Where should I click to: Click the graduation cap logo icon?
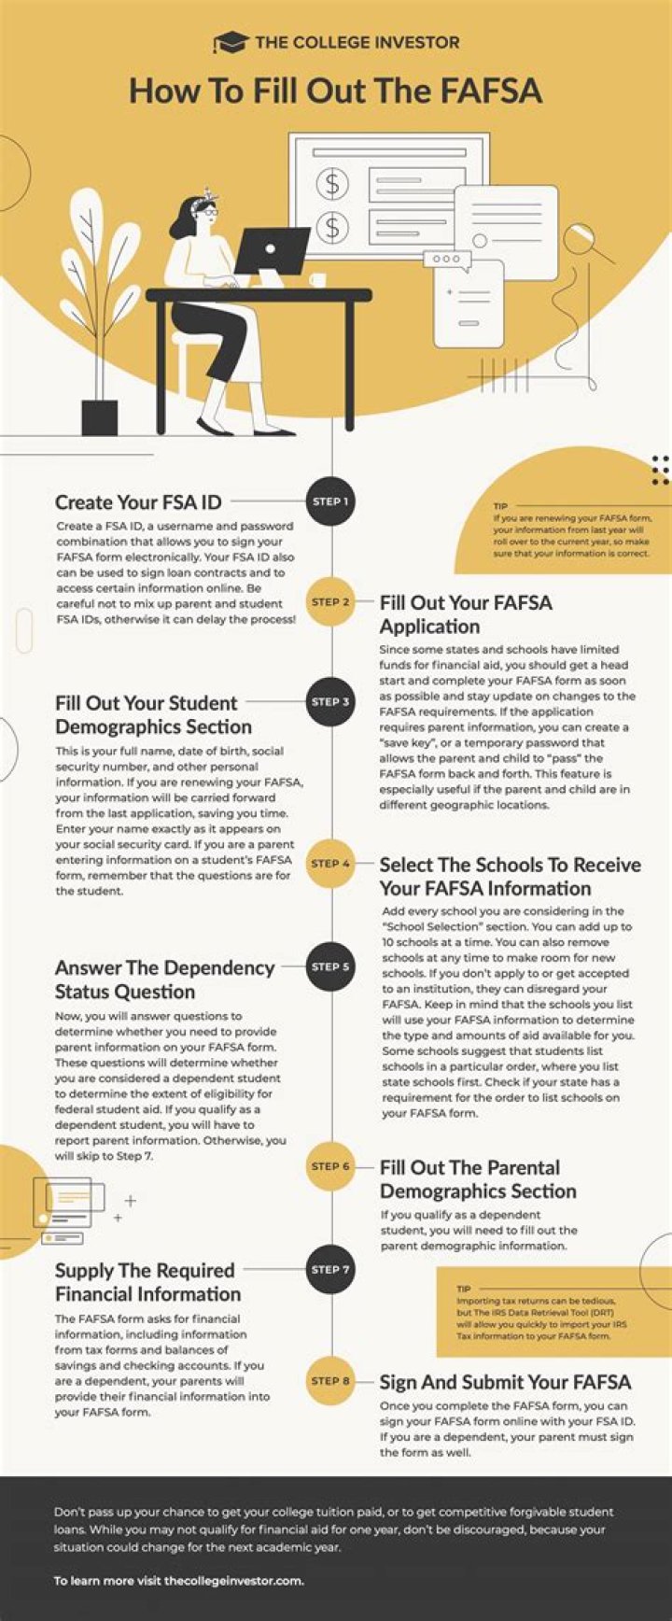[230, 42]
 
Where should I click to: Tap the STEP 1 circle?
[331, 501]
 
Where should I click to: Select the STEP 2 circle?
[331, 602]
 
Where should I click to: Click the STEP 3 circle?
[331, 702]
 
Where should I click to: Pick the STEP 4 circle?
[331, 864]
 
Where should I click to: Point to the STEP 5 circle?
[331, 966]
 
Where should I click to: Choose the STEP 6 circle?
[331, 1166]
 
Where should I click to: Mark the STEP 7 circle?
[331, 1269]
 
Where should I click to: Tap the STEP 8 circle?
[331, 1381]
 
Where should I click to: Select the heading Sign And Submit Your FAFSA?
[505, 1382]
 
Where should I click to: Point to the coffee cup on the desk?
[317, 279]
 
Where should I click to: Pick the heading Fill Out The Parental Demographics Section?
[477, 1179]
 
